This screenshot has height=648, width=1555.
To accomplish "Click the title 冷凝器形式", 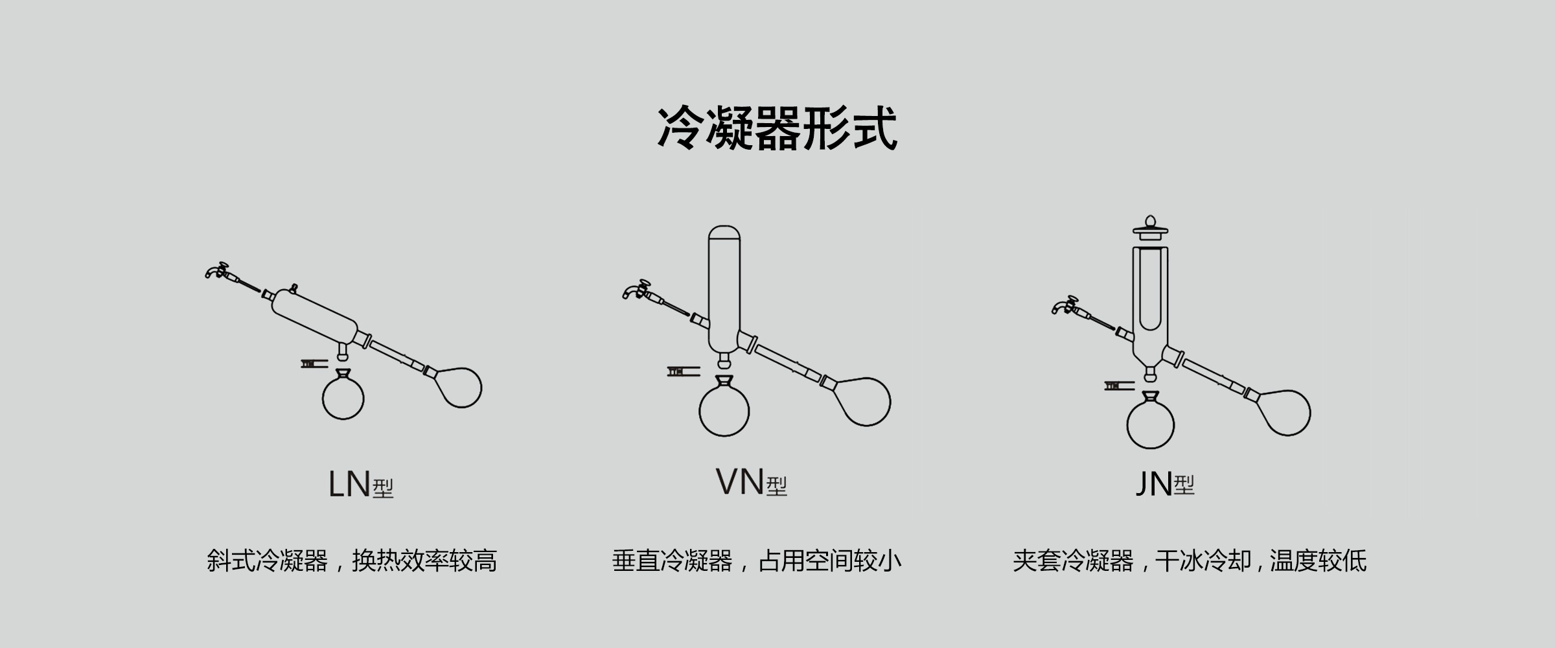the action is tap(777, 128).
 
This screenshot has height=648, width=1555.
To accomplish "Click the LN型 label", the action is tap(361, 484).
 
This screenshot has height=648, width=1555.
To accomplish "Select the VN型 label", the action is tap(752, 482).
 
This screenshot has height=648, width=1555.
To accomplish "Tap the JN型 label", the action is tap(1165, 483).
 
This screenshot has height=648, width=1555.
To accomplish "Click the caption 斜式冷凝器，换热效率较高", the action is tap(352, 561).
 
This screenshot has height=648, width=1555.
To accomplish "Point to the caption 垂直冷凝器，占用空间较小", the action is tap(757, 561).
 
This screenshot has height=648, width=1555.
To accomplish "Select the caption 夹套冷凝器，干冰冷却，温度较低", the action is tap(1190, 561).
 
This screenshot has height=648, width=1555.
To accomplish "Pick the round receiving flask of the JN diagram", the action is tap(1151, 421).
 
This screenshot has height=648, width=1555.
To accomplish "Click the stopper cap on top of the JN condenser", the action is tap(1150, 228).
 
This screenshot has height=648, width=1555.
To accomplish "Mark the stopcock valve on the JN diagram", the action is tap(1066, 305).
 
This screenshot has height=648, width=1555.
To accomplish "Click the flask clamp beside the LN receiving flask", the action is tap(314, 363).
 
